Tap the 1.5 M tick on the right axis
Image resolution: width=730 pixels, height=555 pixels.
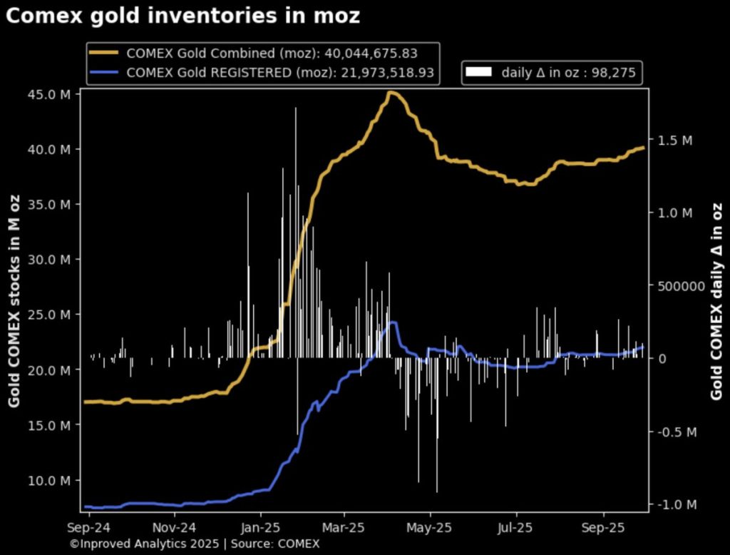coord(674,141)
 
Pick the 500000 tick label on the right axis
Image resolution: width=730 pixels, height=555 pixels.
coord(677,286)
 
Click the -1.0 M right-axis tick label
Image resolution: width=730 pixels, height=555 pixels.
coord(673,505)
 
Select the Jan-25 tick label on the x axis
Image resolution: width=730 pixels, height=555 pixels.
coord(260,529)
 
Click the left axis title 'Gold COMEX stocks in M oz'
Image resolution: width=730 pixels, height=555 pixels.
coord(14,303)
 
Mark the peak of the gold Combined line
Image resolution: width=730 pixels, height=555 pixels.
coord(391,92)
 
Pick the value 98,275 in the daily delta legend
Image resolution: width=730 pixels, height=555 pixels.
coord(614,72)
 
